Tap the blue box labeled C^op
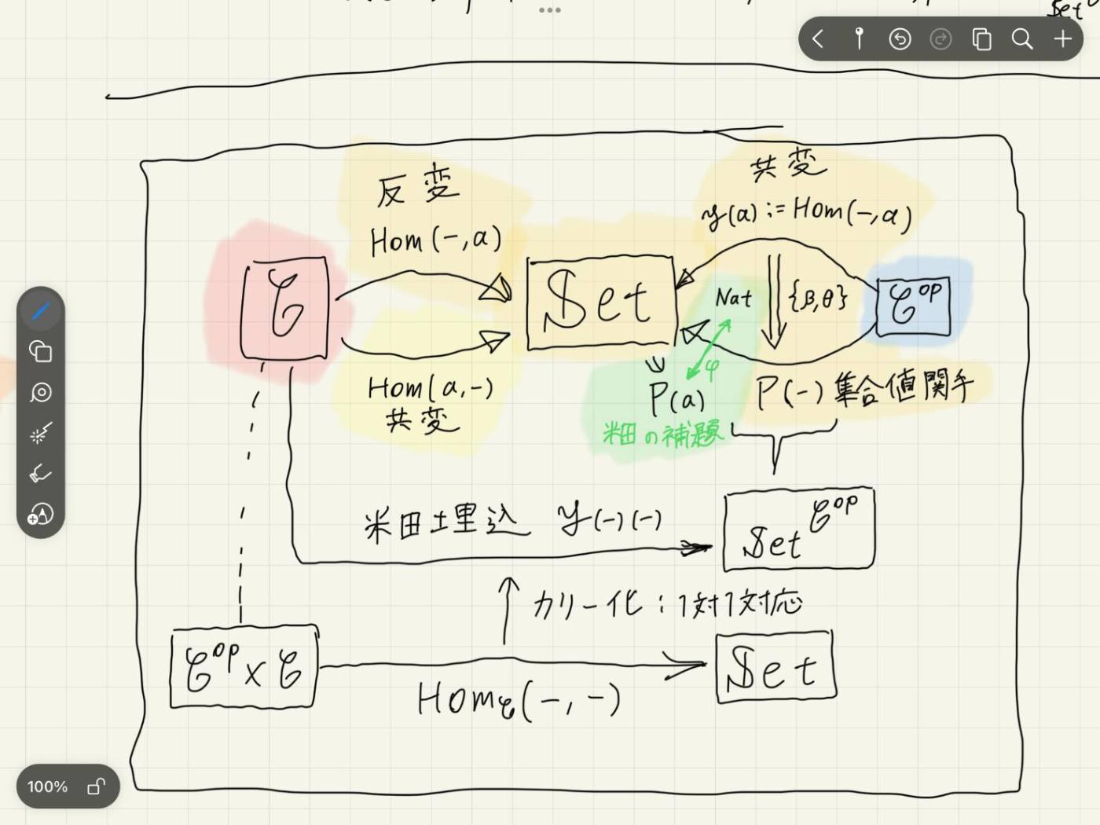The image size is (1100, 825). (913, 306)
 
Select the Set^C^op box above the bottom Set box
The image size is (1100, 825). (798, 528)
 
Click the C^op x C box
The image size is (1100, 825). (244, 667)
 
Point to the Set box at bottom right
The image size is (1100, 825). (775, 667)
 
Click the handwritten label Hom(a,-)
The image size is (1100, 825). (430, 387)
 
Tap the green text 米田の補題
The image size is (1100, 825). (661, 433)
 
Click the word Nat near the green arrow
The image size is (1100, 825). (733, 298)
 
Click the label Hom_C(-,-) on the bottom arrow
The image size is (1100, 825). (519, 699)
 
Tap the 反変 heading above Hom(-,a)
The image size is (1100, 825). (417, 189)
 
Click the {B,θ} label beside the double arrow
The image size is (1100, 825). (819, 296)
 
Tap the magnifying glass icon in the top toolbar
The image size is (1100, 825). (1021, 38)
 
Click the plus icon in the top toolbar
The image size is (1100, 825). (1062, 38)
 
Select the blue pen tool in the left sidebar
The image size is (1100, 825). (41, 311)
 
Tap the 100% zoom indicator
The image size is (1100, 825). (48, 786)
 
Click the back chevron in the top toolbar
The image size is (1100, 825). (818, 38)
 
